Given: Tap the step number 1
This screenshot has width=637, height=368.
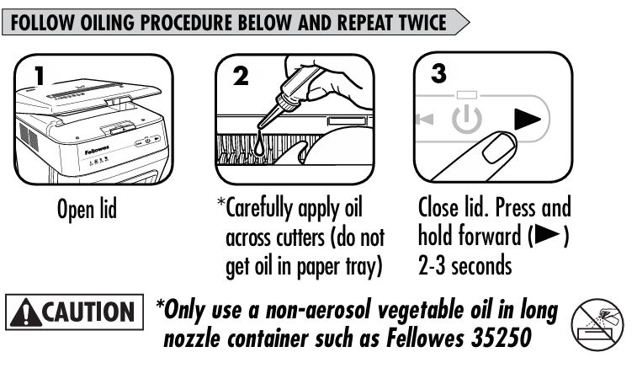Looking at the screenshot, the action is pos(39,76).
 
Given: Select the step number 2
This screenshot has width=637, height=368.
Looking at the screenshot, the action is pos(241,76).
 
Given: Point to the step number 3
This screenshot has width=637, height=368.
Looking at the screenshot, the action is pos(438,73).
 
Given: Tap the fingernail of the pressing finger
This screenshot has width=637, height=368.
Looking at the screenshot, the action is pos(499,148).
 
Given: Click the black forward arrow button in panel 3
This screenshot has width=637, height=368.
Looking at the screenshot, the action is pos(528,119).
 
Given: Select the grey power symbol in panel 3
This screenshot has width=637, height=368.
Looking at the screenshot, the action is pos(467,119).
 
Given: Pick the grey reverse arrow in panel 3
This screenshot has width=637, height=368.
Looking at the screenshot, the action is pos(425,119).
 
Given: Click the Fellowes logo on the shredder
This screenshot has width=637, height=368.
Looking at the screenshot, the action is pos(97,151).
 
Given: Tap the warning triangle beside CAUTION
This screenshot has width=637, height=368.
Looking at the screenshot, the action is pos(26,312).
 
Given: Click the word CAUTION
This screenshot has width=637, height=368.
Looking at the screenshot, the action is pos(88,312).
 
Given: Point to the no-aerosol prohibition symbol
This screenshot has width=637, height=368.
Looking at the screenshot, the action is pos(597,324).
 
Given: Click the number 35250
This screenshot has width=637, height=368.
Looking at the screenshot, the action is pos(502,338).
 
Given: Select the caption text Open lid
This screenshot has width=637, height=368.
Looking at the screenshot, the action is pos(87,209).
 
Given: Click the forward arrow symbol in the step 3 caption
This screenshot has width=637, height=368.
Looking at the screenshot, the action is pos(549,235).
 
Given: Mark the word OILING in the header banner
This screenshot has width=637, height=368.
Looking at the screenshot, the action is pos(107,23).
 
